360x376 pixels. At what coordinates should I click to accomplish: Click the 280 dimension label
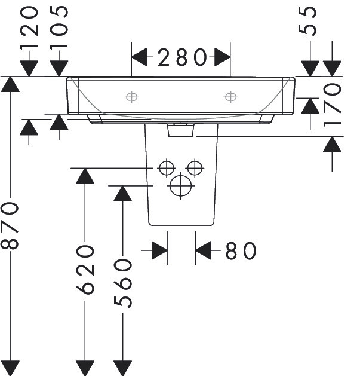click(182, 57)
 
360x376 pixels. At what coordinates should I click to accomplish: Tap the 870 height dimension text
click(10, 226)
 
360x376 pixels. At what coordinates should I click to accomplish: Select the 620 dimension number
click(85, 270)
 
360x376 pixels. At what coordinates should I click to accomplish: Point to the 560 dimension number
click(122, 283)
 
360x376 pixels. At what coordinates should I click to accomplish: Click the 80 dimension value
click(241, 250)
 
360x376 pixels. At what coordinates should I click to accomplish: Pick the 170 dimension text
click(332, 105)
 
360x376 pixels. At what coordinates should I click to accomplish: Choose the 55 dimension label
click(307, 21)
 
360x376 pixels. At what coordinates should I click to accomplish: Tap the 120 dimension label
click(29, 28)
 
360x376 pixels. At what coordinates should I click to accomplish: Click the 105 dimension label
click(59, 28)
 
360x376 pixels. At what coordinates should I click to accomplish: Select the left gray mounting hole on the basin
click(131, 97)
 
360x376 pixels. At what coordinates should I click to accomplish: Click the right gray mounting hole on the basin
click(230, 97)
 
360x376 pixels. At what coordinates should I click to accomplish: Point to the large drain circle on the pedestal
click(181, 186)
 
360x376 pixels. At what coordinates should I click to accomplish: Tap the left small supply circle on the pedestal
click(167, 168)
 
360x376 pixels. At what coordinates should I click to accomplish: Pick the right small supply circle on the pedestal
click(195, 168)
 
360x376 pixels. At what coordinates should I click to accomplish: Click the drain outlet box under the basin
click(181, 130)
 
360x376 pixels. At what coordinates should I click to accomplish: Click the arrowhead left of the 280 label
click(139, 57)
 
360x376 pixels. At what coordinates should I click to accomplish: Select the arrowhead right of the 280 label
click(222, 57)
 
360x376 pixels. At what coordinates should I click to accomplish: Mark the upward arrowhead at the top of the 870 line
click(10, 84)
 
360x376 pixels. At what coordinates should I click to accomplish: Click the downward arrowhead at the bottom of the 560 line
click(122, 368)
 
